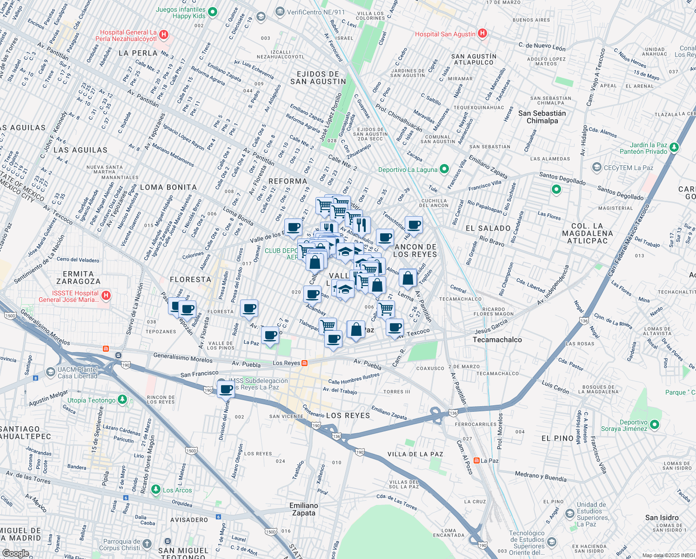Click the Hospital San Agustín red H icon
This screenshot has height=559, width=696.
tap(482, 34)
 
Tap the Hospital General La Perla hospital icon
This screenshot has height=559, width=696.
tap(163, 35)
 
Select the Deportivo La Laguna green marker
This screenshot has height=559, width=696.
tap(444, 169)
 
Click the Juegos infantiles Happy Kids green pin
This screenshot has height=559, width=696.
tap(212, 12)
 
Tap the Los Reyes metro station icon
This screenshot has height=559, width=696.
tap(304, 363)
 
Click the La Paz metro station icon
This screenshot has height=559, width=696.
tap(476, 460)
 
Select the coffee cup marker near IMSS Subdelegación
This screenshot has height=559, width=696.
tap(226, 389)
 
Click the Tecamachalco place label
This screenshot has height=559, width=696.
tap(497, 340)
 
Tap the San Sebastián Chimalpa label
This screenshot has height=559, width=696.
tap(542, 117)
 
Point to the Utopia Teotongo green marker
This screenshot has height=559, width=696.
tap(122, 400)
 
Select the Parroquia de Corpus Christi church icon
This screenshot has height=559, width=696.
tap(147, 544)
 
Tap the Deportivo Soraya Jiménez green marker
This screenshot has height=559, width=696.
tap(655, 424)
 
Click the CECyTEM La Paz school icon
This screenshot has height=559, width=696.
tap(596, 167)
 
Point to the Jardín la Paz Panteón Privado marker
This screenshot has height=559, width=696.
tap(674, 148)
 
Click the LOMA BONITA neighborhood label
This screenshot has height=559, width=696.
tap(168, 187)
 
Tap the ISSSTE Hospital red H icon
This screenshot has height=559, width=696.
tap(106, 295)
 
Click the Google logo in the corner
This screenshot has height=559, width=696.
tap(15, 553)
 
